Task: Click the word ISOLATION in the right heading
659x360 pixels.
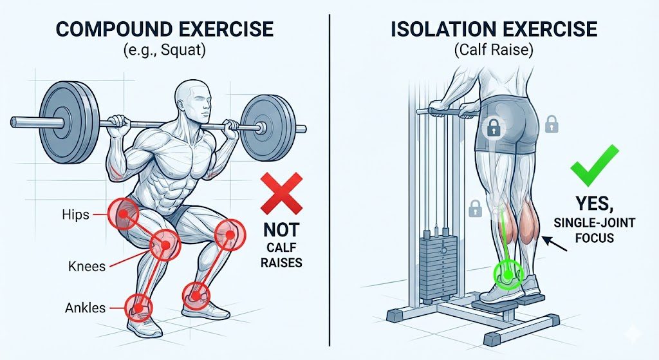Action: pos(441,30)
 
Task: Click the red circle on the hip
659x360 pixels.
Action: pos(120,211)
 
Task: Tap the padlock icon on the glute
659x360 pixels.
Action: pos(494,128)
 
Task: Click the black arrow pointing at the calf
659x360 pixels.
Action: pos(554,246)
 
